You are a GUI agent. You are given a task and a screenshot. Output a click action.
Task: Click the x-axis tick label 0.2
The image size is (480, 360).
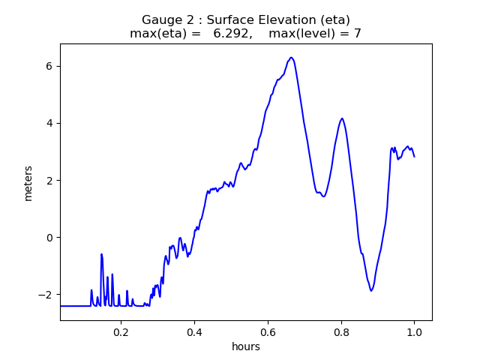121,331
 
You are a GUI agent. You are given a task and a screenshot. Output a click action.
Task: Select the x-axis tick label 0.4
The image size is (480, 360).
194,331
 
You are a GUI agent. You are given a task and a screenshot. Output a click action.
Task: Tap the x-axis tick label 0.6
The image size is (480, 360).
268,331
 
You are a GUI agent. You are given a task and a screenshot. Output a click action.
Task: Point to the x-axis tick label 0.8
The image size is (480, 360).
341,331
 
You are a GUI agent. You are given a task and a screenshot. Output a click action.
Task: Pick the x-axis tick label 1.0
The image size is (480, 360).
414,331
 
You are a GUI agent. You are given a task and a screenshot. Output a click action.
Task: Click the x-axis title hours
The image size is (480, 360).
246,346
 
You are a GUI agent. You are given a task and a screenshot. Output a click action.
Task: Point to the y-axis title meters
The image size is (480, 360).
28,183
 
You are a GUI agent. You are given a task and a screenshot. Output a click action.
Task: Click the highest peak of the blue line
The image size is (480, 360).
291,57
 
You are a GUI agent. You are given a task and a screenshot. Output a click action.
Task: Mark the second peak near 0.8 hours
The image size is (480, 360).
342,118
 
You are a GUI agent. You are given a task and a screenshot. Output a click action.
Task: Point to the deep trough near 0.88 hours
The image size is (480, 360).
370,291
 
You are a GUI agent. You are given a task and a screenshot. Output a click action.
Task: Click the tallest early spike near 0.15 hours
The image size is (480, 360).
101,254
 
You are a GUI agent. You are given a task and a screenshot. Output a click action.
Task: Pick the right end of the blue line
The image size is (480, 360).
414,156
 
